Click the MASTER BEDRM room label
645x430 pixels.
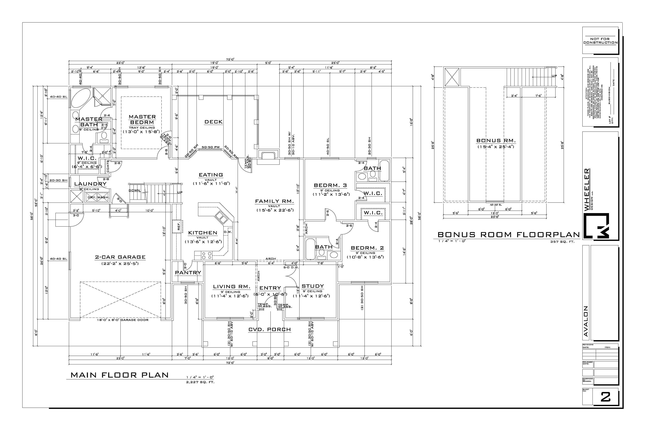coord(142,120)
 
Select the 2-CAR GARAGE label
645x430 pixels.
coord(120,257)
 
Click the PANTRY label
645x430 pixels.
coord(188,273)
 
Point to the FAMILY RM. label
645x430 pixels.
coord(274,201)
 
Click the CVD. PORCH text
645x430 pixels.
coord(270,330)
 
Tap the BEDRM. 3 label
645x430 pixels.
coord(330,185)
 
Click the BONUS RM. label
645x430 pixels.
coord(496,141)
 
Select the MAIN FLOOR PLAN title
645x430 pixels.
coord(120,375)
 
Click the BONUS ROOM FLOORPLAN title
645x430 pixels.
coord(508,235)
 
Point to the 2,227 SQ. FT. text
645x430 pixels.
coord(200,382)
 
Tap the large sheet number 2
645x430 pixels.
coord(605,397)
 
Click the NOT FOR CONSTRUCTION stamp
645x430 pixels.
coord(600,41)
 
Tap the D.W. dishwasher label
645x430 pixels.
coord(228,232)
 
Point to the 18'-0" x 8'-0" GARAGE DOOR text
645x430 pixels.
coord(123,320)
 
